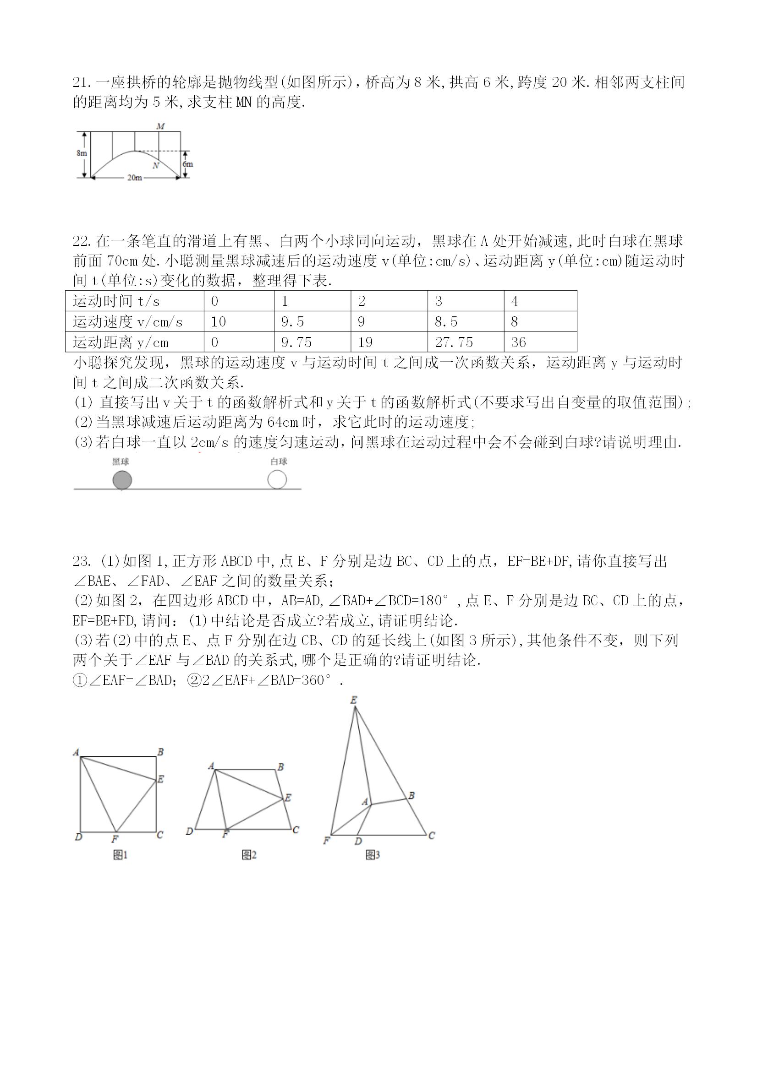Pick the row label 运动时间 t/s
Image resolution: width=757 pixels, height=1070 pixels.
(116, 302)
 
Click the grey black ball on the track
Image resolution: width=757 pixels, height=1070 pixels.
(122, 480)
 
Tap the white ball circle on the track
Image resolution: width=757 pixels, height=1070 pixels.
(277, 479)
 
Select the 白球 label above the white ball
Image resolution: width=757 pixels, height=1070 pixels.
(279, 462)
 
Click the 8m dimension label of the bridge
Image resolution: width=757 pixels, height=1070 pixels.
(82, 153)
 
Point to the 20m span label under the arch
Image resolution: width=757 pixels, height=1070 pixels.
(134, 178)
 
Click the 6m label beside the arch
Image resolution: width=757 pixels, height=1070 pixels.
(187, 164)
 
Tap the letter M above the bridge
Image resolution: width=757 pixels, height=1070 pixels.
(160, 126)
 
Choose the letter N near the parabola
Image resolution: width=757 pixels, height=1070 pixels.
(156, 165)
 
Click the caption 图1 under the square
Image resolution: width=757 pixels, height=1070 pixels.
(121, 855)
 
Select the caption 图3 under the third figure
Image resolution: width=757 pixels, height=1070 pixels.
(373, 855)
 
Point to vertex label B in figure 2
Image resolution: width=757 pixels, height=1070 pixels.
(280, 766)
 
